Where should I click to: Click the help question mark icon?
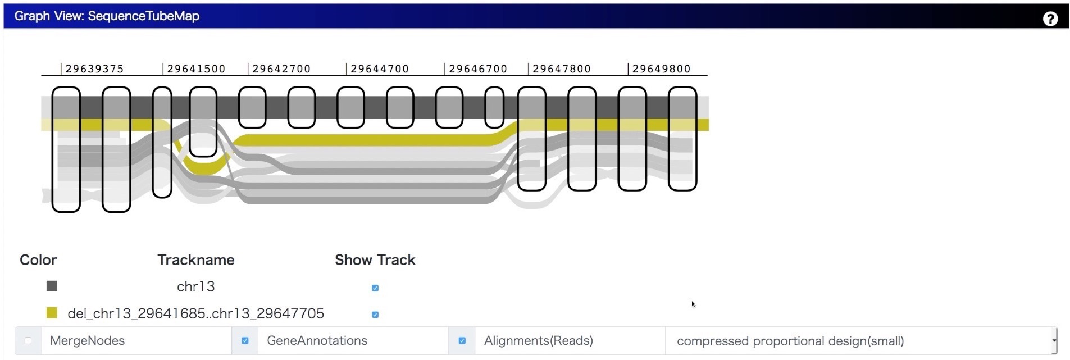[1050, 19]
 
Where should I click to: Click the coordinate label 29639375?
[94, 69]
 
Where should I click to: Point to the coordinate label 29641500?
[196, 69]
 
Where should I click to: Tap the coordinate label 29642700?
[281, 69]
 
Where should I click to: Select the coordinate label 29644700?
[380, 69]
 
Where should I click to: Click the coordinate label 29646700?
[478, 69]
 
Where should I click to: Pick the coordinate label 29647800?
[562, 69]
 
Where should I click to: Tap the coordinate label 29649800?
[662, 69]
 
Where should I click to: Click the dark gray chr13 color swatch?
[52, 286]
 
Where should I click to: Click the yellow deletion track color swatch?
[52, 313]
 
